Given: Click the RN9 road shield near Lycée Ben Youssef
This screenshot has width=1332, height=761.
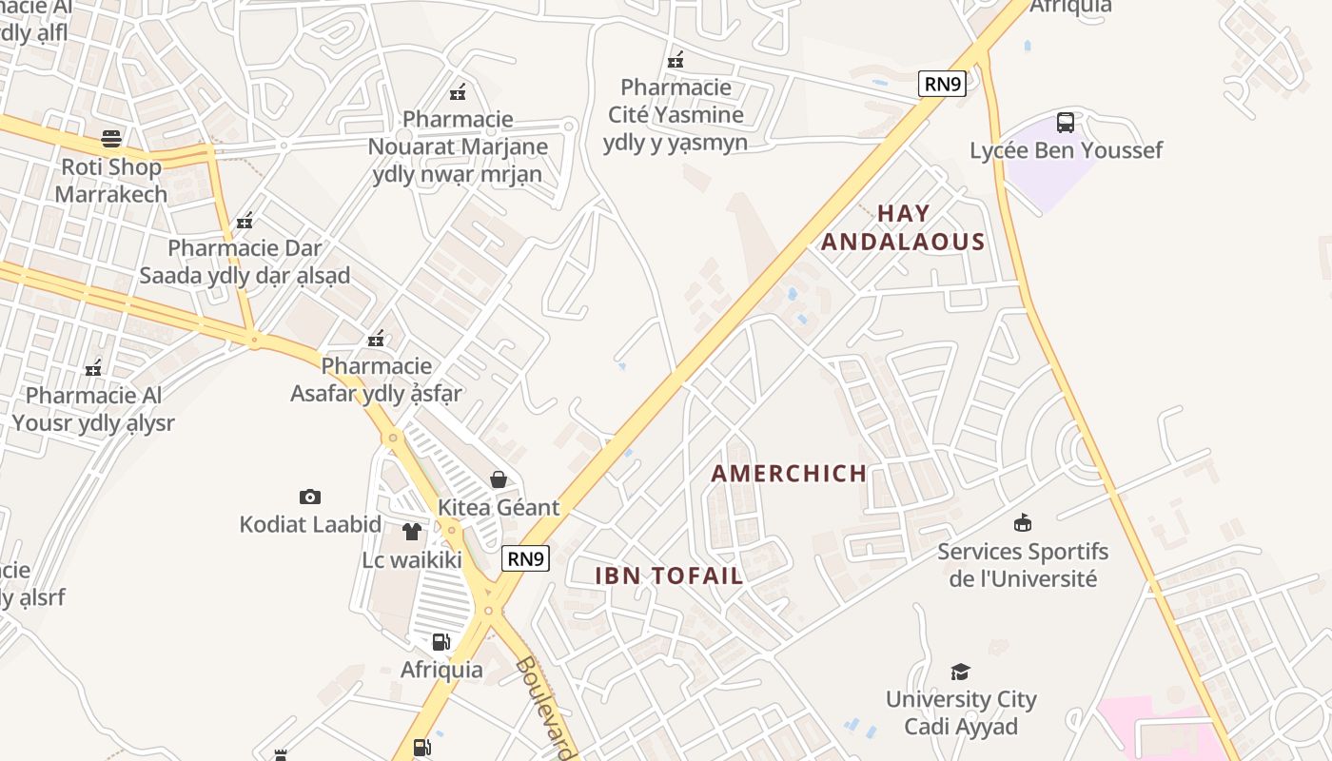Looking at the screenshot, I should [x=942, y=84].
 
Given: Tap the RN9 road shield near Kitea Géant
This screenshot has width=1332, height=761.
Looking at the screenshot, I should [x=525, y=558].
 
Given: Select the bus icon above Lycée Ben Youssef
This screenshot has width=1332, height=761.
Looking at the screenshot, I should [x=1066, y=123].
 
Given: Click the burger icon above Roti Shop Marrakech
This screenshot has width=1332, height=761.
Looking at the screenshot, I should [x=111, y=139].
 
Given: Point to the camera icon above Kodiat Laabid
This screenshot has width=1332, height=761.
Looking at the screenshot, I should [x=309, y=497].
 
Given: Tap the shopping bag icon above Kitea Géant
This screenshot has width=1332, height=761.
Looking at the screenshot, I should [x=498, y=479].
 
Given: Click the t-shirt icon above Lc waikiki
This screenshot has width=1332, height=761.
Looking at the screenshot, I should [x=411, y=532].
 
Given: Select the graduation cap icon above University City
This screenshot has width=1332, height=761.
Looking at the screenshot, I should [x=960, y=672].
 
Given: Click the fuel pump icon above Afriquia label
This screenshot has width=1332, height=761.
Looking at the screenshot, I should [x=441, y=642].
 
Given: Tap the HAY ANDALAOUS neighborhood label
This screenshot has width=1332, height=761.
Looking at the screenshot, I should [x=902, y=227].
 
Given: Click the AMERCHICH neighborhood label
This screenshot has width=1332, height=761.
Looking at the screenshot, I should [x=789, y=474].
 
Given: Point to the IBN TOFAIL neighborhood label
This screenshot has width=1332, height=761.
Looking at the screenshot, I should [x=669, y=576].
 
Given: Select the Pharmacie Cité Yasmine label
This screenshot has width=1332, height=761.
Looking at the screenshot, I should [x=676, y=115].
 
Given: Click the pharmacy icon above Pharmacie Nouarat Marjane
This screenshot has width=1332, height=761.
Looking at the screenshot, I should [x=458, y=92].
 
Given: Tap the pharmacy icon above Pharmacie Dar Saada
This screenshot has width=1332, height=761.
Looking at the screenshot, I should [x=245, y=221].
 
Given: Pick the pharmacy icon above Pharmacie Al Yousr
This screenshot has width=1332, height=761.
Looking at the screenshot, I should [x=93, y=368].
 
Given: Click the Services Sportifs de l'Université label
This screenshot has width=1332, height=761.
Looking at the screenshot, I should [x=1023, y=565].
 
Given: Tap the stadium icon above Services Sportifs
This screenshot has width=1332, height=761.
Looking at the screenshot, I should [x=1023, y=522].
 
